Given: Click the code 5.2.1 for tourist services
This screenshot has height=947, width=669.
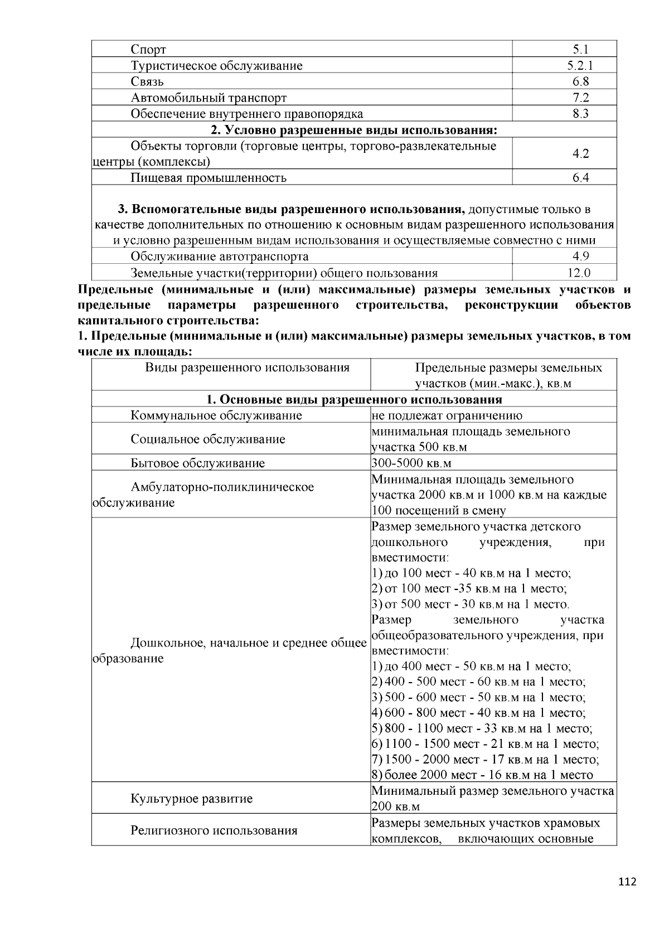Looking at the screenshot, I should point(580,65).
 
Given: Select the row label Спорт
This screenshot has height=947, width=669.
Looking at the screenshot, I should point(148,50).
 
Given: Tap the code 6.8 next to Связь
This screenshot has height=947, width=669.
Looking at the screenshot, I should point(580,81).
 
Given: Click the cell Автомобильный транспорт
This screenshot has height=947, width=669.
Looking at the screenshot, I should point(209,98).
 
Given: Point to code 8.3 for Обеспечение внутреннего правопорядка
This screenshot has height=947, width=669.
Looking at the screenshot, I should point(580,114).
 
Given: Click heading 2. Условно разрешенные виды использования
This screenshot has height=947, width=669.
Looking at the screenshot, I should point(353,130).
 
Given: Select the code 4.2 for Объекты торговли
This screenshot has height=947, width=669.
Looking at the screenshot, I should point(580,153).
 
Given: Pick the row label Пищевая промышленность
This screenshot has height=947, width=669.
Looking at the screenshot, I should point(209,177).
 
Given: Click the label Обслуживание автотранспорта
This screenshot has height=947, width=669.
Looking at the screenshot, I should point(219,257).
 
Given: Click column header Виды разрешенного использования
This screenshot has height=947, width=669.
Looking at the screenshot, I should point(247,368).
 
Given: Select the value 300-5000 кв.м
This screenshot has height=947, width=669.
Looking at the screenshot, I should point(411,463).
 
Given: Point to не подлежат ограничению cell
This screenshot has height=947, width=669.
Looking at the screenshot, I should point(447,415).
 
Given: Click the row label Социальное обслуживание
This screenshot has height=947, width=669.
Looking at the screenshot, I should point(208,439).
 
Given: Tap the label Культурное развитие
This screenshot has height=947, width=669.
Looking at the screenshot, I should point(191,799).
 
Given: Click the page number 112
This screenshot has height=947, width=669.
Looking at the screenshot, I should point(627,882).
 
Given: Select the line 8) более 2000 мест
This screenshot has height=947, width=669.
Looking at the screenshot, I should point(482,775).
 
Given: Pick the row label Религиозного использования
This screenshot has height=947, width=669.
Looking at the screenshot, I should point(214,830).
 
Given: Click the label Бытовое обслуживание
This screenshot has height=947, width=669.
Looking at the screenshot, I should point(197,463).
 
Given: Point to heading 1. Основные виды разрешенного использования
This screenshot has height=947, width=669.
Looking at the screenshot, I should point(353,399).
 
